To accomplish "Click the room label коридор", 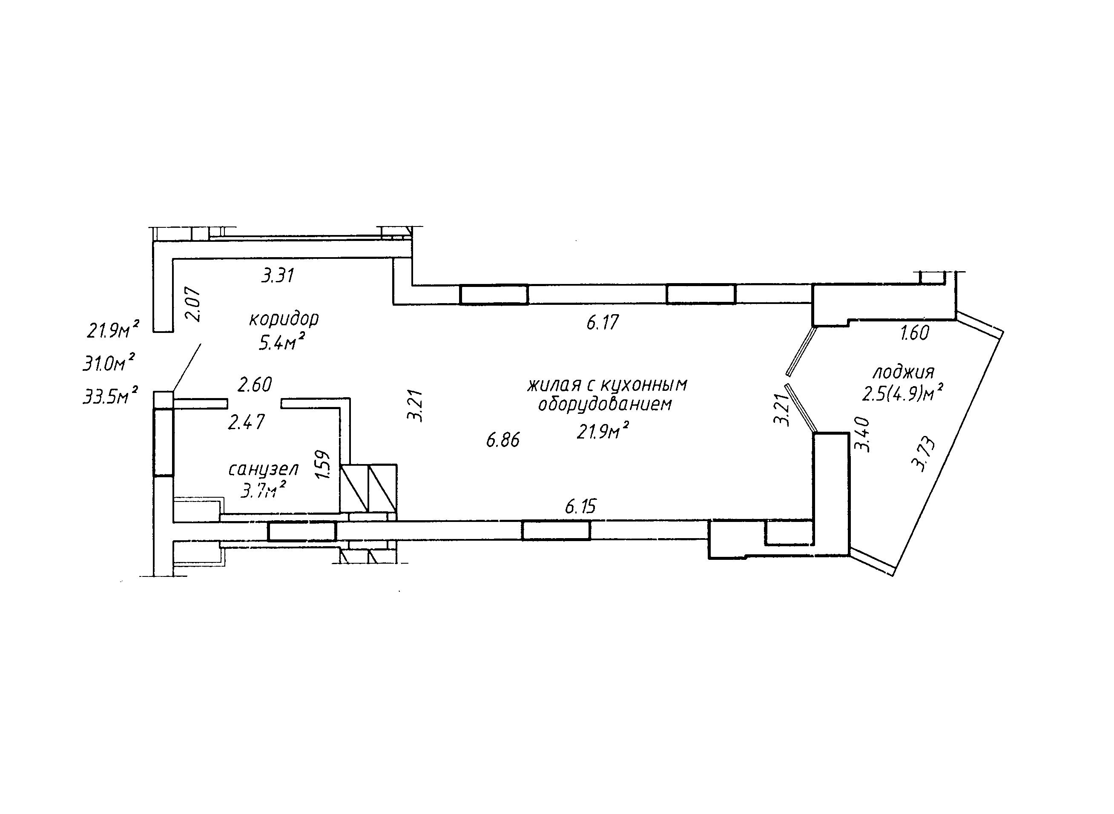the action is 284,320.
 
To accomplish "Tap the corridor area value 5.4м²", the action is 281,341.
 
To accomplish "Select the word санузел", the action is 263,470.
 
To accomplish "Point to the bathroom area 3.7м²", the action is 264,490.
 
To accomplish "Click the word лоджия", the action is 903,372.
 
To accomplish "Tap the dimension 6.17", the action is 602,323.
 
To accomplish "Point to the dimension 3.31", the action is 278,275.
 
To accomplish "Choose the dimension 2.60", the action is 254,384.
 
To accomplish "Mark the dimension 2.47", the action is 247,422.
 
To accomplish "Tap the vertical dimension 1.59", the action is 322,464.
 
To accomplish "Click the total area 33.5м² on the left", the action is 110,395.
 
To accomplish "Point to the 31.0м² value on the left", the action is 109,363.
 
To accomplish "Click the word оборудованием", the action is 605,404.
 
